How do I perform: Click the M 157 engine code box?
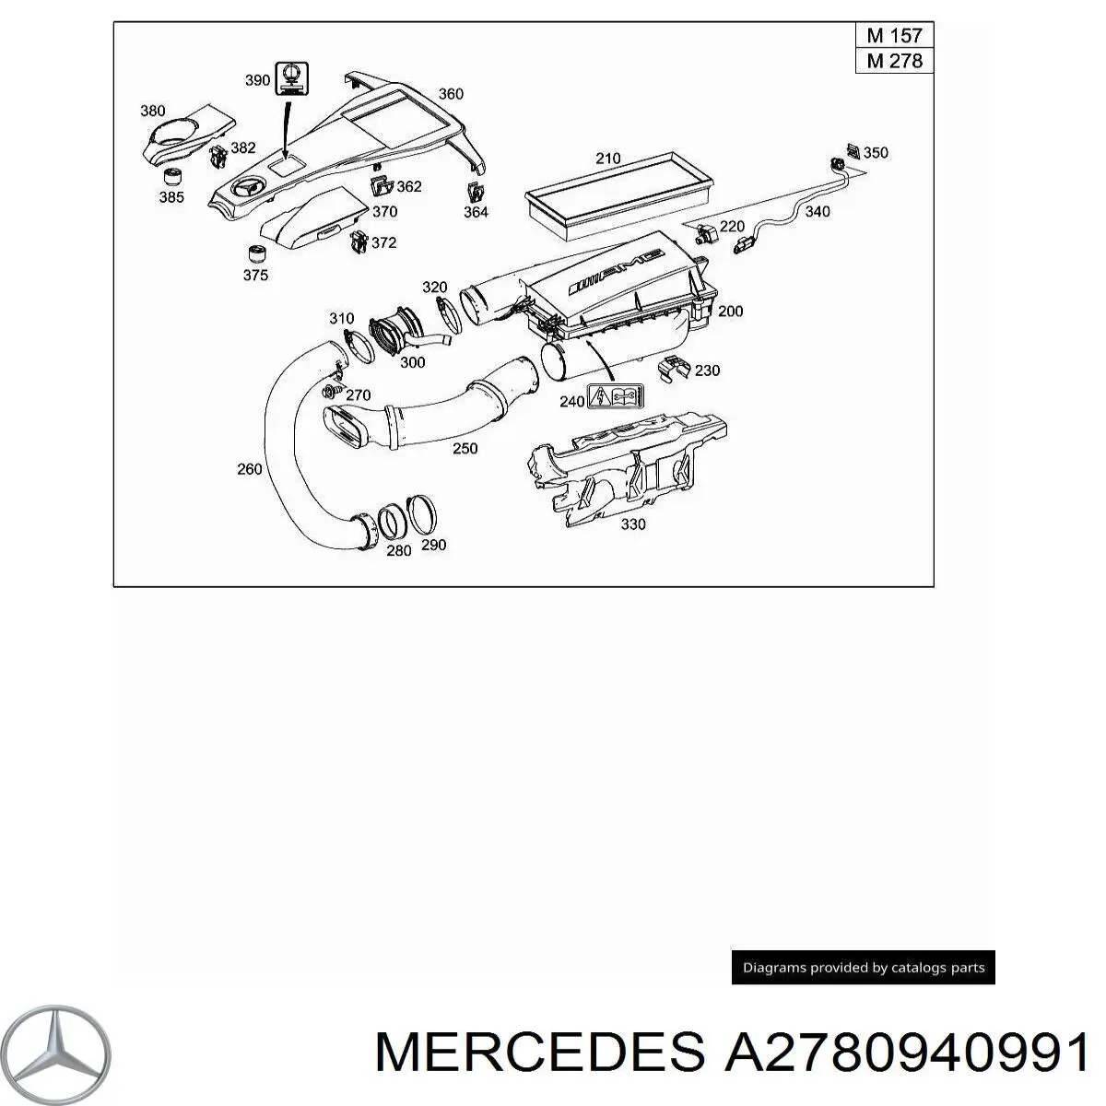[x=894, y=37]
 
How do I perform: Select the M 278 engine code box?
[x=894, y=62]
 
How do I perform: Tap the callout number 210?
[x=607, y=159]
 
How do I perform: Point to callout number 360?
[x=451, y=94]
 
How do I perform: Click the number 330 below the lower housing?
[x=633, y=524]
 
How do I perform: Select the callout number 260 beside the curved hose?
[x=250, y=469]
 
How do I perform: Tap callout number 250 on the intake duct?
[x=465, y=449]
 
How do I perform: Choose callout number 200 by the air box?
[x=730, y=312]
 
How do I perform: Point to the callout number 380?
[x=153, y=112]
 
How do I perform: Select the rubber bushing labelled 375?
[x=259, y=253]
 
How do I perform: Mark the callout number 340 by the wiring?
[x=817, y=212]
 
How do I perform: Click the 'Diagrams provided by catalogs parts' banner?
[x=864, y=968]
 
